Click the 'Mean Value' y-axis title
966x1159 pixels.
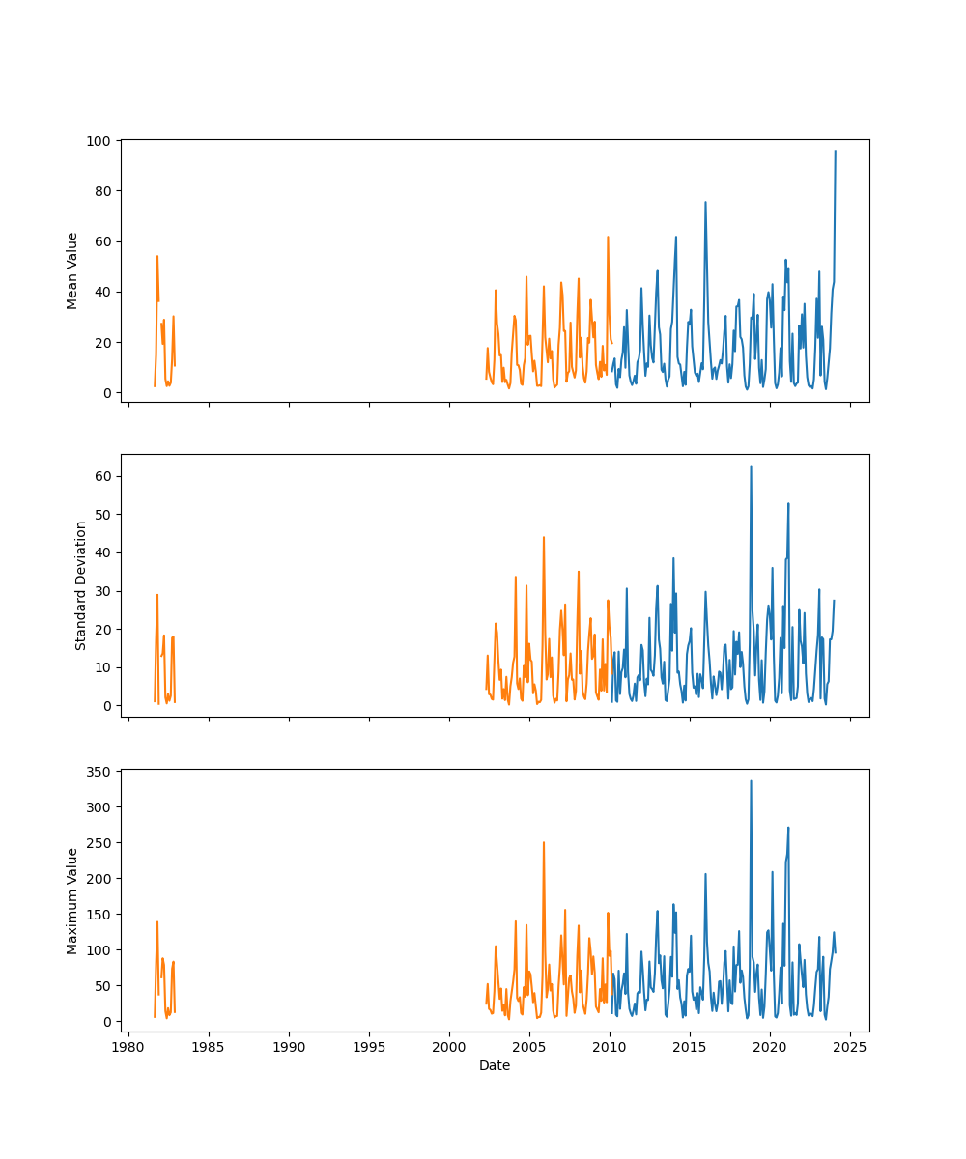click(x=72, y=270)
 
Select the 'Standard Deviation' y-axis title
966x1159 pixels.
click(x=81, y=585)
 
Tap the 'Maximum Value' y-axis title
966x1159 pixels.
click(x=72, y=900)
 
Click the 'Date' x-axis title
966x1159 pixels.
click(x=495, y=1065)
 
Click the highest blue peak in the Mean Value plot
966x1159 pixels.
click(x=836, y=151)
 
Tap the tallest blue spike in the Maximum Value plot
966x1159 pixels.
click(x=751, y=781)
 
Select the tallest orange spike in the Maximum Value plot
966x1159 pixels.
click(x=544, y=842)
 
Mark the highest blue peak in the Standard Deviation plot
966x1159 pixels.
click(x=751, y=466)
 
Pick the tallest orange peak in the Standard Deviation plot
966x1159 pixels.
click(x=544, y=537)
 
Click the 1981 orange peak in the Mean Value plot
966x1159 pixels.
click(x=156, y=256)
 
